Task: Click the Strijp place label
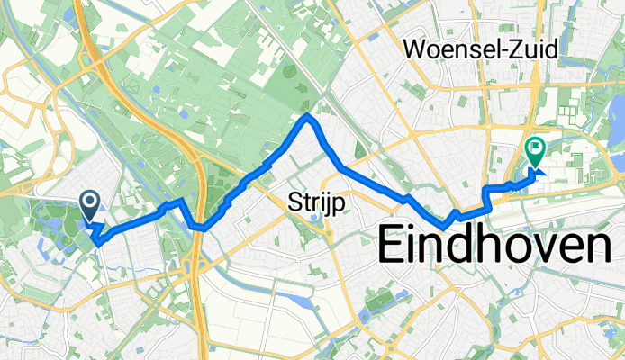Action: [x=312, y=201]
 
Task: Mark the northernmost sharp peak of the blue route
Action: [x=308, y=115]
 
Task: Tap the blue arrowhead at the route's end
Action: [x=541, y=171]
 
